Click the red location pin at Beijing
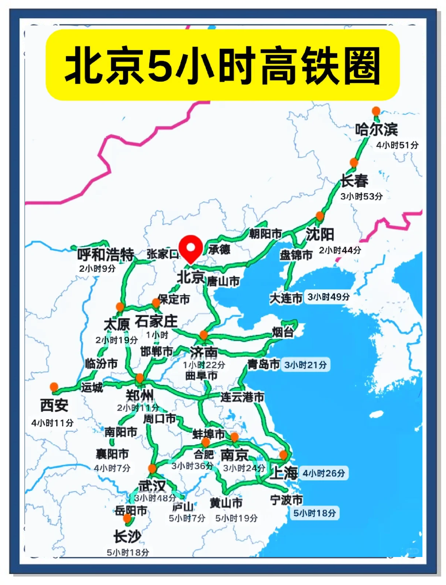[x=191, y=248]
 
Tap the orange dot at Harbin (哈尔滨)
[x=376, y=111]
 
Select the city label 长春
[x=354, y=181]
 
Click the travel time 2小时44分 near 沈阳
[x=340, y=251]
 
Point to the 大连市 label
[x=286, y=298]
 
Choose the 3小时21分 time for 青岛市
[x=305, y=365]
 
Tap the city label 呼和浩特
[x=106, y=254]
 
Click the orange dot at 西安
[x=54, y=387]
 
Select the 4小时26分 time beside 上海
[x=324, y=473]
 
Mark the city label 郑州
[x=140, y=396]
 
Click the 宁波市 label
[x=286, y=500]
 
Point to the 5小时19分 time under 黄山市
[x=236, y=518]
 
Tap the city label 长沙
[x=127, y=536]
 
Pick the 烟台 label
[x=283, y=332]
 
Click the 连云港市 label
[x=243, y=397]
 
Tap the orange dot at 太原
[x=120, y=307]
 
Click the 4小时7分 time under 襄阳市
[x=112, y=468]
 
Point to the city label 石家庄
[x=156, y=322]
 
